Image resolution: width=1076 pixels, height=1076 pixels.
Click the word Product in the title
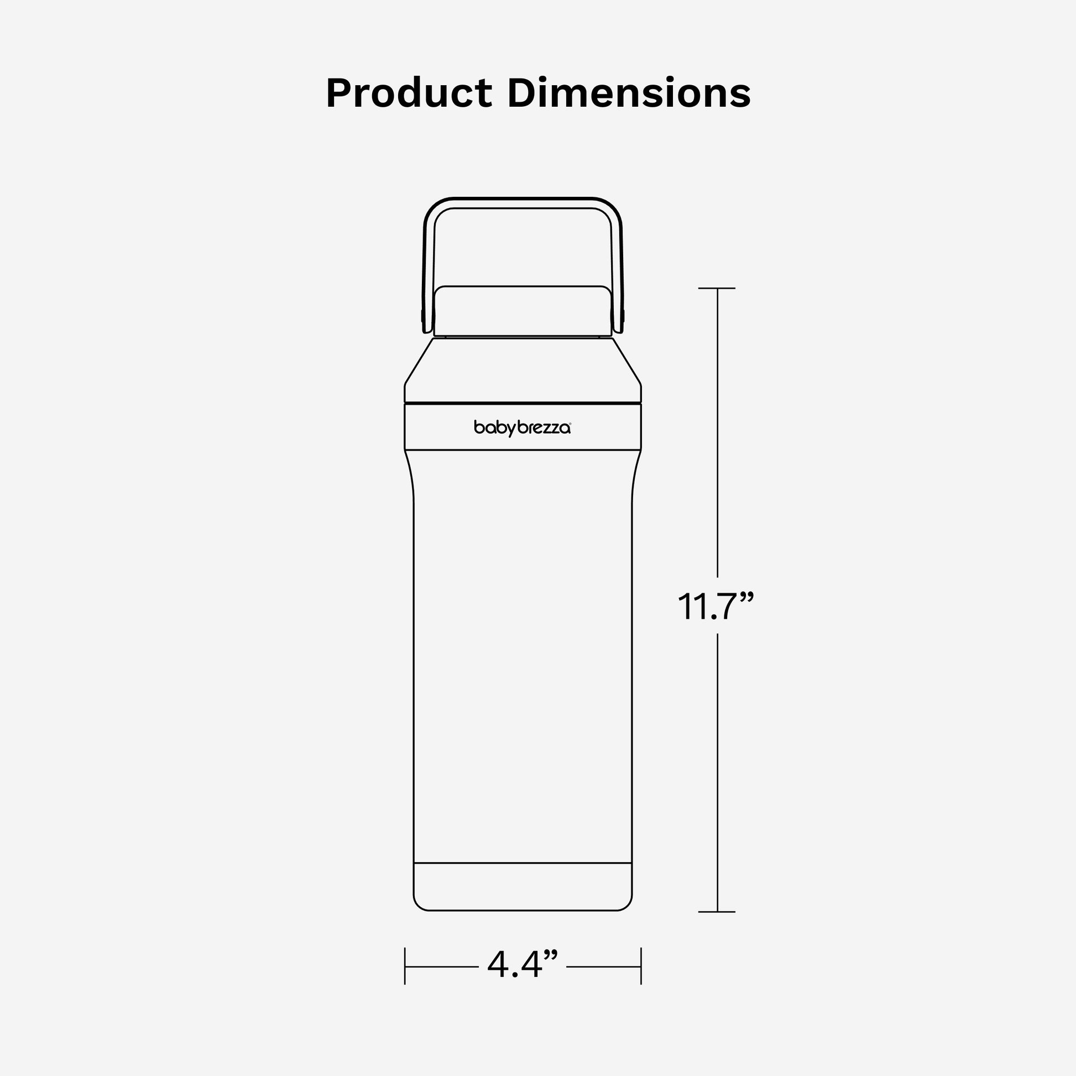click(x=409, y=93)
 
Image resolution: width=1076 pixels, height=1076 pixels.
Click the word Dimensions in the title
click(x=629, y=93)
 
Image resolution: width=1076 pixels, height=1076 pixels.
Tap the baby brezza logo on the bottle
click(x=523, y=428)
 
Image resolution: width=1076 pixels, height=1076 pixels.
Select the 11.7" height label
click(x=715, y=607)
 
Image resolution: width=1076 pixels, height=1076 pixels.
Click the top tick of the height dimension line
click(x=717, y=288)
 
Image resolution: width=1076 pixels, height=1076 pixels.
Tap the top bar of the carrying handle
click(x=523, y=203)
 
